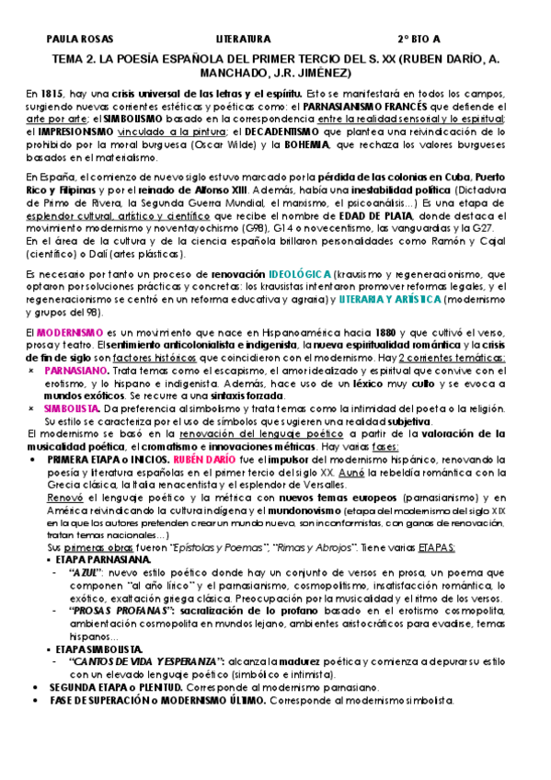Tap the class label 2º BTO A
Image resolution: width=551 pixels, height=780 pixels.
[419, 40]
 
